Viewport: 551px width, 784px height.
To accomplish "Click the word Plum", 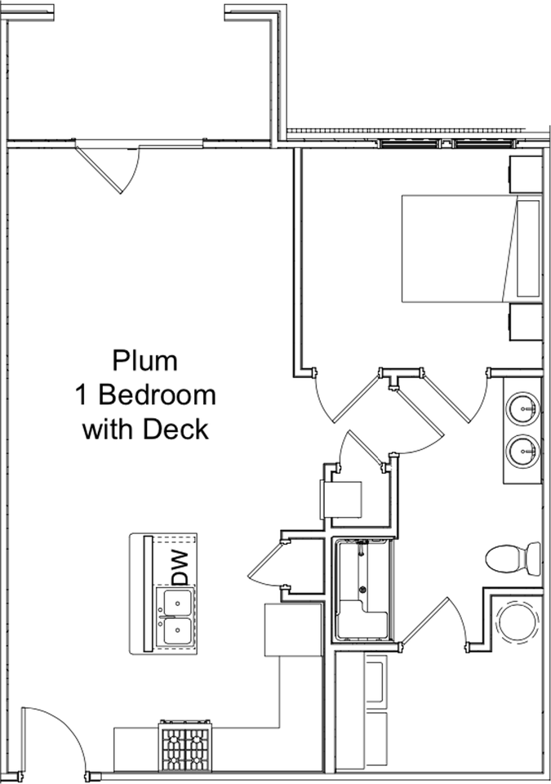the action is point(144,360).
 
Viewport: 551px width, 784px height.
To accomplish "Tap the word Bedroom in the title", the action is point(157,395).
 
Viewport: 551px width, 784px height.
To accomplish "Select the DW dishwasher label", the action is point(180,568).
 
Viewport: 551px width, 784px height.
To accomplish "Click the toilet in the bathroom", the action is point(513,559).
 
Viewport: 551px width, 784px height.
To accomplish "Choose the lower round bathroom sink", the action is point(523,452).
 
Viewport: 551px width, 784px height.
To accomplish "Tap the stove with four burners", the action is point(185,745).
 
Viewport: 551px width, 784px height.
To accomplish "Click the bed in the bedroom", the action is point(472,248).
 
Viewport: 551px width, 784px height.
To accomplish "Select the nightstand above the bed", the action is point(526,174).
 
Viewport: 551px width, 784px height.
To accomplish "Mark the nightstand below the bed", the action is point(526,322).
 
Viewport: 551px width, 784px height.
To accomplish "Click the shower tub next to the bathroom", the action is point(363,590).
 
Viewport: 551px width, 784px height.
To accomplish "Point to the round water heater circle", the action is point(518,621).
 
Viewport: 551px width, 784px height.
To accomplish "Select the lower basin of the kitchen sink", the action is point(175,632).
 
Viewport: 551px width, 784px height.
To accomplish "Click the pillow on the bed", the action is point(528,248).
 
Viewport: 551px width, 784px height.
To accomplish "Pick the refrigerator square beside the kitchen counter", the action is point(293,630).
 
